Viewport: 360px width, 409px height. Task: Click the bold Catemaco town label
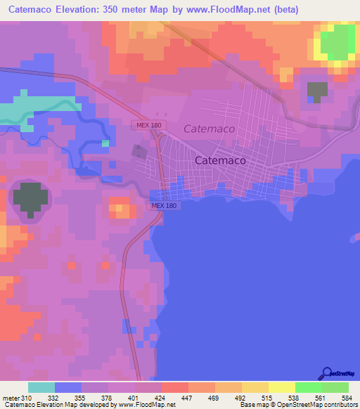coord(220,160)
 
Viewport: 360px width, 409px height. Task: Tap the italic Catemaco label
coord(210,129)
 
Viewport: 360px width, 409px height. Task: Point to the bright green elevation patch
coord(337,42)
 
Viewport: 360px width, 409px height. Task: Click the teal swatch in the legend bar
coord(41,387)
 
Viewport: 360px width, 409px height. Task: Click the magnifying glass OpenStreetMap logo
coord(328,375)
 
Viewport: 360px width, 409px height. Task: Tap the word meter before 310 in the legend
coord(11,397)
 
